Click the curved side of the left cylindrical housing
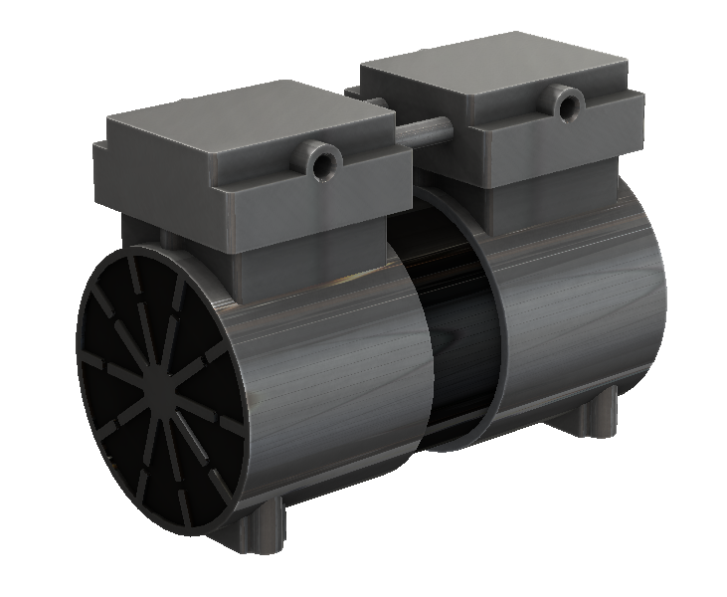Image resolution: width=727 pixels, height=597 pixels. (328, 378)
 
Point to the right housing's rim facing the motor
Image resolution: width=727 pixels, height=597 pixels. (493, 328)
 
